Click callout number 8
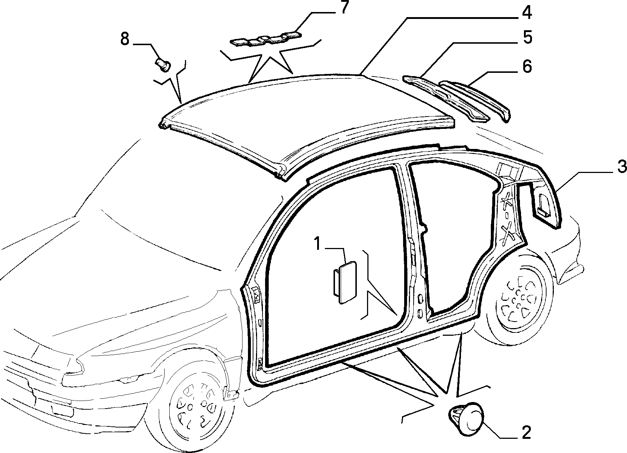pyautogui.click(x=125, y=39)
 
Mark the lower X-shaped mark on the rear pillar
pyautogui.click(x=508, y=232)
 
